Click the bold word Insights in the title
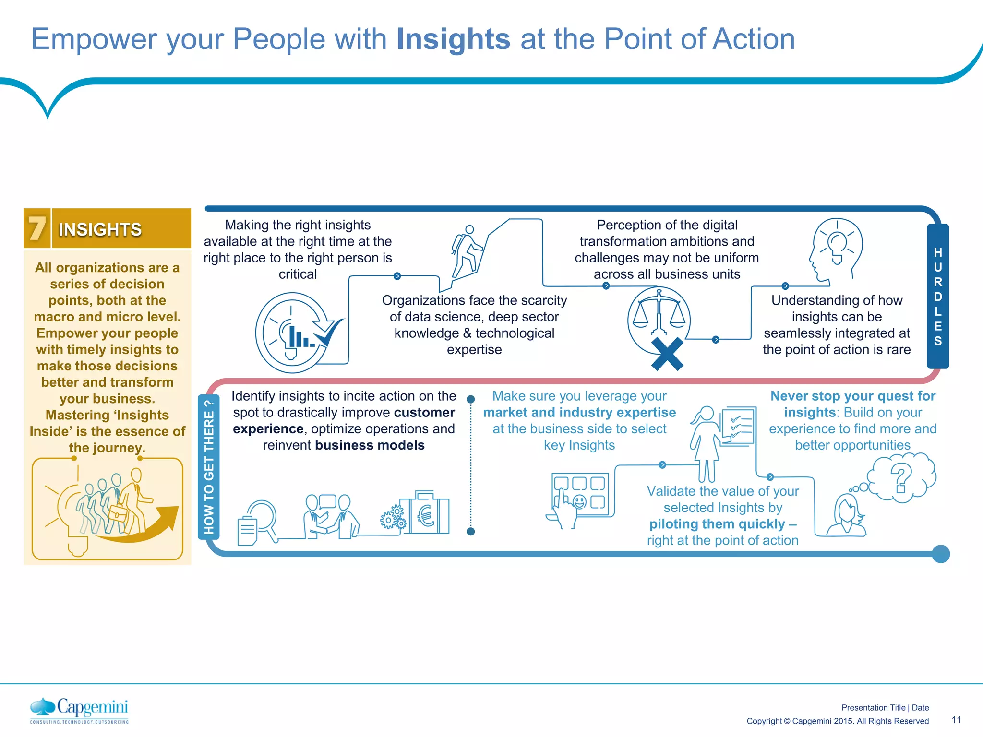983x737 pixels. point(453,39)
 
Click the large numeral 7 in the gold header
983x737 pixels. point(37,228)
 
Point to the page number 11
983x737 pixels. point(956,720)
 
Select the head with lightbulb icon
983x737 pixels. point(836,249)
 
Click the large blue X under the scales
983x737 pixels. point(667,354)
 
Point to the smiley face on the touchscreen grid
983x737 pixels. point(580,502)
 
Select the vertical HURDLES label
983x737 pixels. point(938,296)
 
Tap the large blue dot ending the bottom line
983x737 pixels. point(941,554)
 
